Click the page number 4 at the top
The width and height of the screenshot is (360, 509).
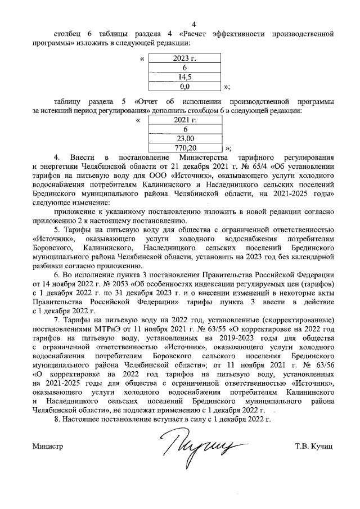coord(194,24)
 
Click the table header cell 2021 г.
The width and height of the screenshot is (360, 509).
coord(182,120)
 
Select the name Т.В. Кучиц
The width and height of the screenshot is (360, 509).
coord(313,447)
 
